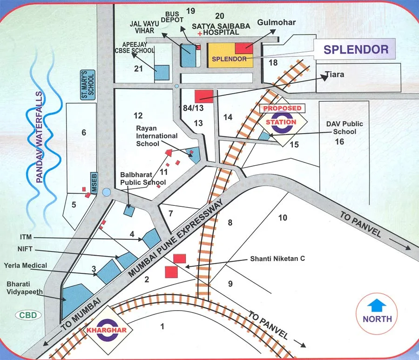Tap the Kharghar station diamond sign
point(108,329)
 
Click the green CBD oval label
point(29,315)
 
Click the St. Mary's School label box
point(88,85)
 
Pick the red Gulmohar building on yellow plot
point(244,48)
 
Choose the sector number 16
point(340,141)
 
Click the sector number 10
point(283,217)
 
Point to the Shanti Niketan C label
point(277,258)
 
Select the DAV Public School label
point(345,128)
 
